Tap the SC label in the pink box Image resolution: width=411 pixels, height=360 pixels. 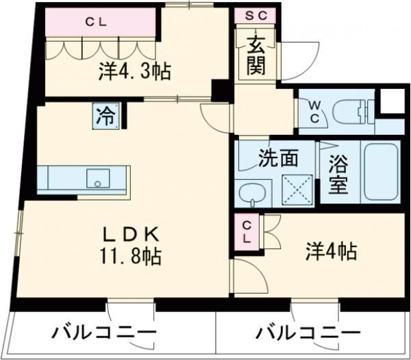(x=256, y=15)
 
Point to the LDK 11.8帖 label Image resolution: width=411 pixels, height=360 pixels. (x=132, y=246)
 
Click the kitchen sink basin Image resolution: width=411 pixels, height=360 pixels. (x=98, y=179)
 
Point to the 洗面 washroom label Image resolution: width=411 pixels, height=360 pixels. (x=277, y=158)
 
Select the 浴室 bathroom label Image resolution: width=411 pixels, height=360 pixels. (x=337, y=175)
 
